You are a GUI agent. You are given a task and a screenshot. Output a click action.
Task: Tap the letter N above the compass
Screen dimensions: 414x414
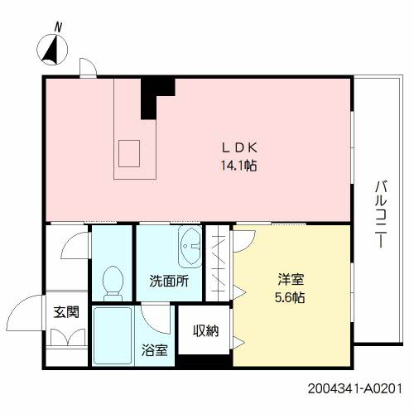[x=58, y=26]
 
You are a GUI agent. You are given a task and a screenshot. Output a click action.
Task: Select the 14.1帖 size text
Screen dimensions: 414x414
[x=237, y=165]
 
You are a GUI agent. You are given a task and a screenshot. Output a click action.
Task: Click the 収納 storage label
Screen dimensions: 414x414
[x=205, y=331]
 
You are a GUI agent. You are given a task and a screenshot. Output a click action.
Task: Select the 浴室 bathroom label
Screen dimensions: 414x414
[x=154, y=350]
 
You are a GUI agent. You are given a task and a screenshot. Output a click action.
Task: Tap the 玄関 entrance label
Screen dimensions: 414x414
[x=66, y=313]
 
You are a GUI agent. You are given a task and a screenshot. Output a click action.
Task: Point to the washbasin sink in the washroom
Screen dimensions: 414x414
[x=190, y=245]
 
